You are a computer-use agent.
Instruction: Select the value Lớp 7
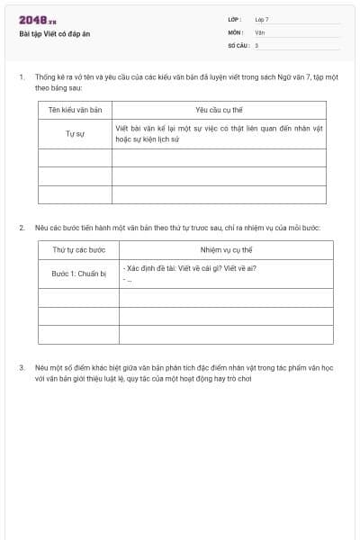[262, 19]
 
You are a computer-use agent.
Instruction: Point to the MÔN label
[235, 31]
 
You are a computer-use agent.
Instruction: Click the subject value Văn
[259, 31]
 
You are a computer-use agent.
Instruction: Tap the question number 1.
[22, 78]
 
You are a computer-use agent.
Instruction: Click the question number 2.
[22, 228]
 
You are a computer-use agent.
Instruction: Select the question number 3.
[22, 368]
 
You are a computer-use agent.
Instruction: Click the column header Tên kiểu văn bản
[75, 111]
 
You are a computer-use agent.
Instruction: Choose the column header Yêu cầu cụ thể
[219, 111]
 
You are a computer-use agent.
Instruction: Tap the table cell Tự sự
[75, 134]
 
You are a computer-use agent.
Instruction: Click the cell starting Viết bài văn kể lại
[219, 134]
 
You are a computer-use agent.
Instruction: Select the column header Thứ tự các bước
[78, 249]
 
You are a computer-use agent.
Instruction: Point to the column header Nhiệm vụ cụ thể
[225, 249]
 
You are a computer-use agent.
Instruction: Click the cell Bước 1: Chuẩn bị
[78, 273]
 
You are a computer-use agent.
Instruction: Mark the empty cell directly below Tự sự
[75, 157]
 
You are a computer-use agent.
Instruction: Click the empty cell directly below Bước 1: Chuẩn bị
[78, 297]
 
